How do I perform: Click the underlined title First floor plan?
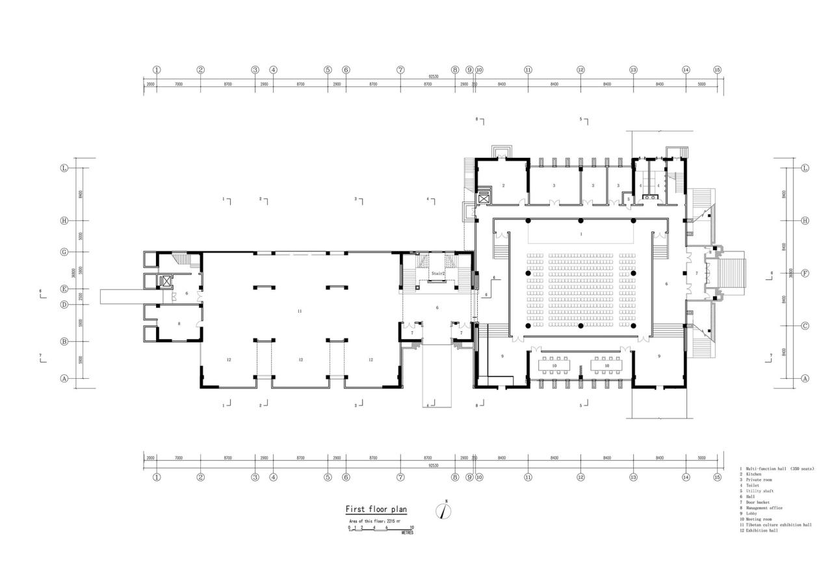pos(376,509)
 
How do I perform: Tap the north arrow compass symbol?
pos(444,511)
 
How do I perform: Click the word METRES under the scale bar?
pos(407,533)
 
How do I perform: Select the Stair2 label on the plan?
pos(437,274)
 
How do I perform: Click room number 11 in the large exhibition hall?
pos(300,311)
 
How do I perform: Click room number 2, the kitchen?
pos(503,186)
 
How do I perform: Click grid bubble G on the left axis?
pos(64,252)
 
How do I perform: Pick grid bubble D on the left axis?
pos(64,305)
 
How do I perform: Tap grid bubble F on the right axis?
pos(805,273)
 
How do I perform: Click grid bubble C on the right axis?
pos(805,326)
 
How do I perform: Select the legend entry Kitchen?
pos(753,474)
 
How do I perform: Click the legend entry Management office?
pos(764,508)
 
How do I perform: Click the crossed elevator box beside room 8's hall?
pos(166,281)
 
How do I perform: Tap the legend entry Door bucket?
pos(758,502)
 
